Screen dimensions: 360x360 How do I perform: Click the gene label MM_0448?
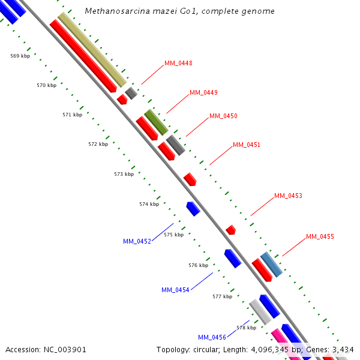(178, 64)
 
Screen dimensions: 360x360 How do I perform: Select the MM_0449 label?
(203, 93)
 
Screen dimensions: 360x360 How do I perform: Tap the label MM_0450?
(223, 116)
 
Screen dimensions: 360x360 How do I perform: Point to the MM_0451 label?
(247, 145)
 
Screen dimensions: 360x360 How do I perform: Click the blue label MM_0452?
(137, 241)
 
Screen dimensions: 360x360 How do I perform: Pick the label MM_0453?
(288, 196)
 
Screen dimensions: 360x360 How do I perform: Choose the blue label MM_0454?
(175, 290)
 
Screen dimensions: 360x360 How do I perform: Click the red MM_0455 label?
(320, 237)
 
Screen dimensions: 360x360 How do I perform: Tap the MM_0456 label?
(212, 337)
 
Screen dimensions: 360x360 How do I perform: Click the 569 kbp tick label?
(20, 56)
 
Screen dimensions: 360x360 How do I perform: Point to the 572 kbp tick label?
(98, 144)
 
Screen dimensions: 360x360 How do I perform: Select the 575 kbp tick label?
(173, 235)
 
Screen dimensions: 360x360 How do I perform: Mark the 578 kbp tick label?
(246, 328)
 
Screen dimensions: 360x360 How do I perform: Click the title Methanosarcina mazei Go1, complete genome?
(180, 11)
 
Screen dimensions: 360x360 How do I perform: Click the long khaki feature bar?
(92, 49)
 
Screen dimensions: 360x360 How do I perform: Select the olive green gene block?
(156, 122)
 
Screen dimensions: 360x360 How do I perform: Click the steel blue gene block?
(271, 265)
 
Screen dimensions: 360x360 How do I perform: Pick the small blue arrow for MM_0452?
(193, 209)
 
